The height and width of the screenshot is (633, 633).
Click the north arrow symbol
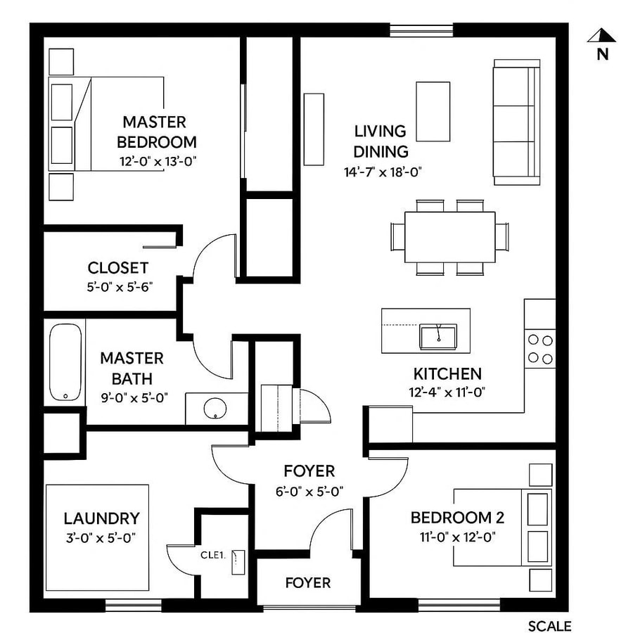click(602, 37)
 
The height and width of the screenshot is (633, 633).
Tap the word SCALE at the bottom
click(549, 626)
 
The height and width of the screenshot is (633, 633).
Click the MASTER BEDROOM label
click(157, 132)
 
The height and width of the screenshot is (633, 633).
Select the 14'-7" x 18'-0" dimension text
click(381, 171)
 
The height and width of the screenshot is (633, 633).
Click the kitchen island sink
click(438, 336)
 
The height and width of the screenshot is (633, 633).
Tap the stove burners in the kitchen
click(540, 349)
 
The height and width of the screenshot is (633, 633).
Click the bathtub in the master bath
click(65, 362)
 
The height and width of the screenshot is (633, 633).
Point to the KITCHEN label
click(447, 374)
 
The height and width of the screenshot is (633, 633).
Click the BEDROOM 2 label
click(457, 518)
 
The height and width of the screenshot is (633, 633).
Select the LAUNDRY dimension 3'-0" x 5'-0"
click(100, 537)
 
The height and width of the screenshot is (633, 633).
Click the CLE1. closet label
click(212, 554)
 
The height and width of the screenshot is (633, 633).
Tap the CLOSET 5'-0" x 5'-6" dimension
click(118, 286)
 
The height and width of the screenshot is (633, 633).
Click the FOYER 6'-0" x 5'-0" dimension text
click(309, 492)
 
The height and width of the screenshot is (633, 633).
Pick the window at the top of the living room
click(421, 30)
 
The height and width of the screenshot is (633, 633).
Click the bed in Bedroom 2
click(499, 527)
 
